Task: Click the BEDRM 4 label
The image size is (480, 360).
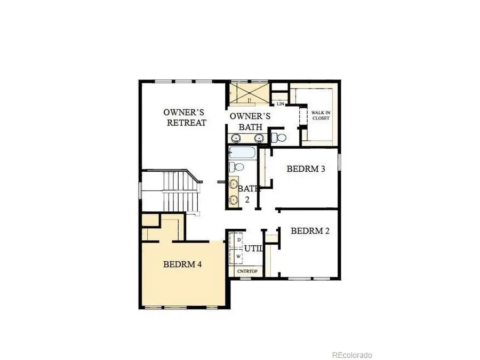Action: pos(182,264)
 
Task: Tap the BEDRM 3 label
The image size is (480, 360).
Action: pos(306,169)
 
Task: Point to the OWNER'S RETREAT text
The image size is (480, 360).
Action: pos(185,117)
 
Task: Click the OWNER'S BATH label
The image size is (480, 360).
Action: pos(250,122)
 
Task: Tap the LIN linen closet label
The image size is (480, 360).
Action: pos(279,103)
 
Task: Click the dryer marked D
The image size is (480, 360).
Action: pos(238,241)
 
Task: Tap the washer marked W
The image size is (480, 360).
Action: pos(238,256)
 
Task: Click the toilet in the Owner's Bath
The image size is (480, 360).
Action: pos(279,138)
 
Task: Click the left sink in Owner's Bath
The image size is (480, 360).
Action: pos(235,139)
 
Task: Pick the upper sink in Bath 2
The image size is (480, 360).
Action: pos(234,185)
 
